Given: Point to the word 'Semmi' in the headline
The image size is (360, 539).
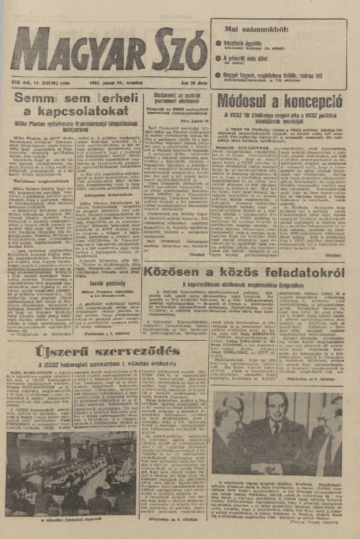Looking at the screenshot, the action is pyautogui.click(x=40, y=98).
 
